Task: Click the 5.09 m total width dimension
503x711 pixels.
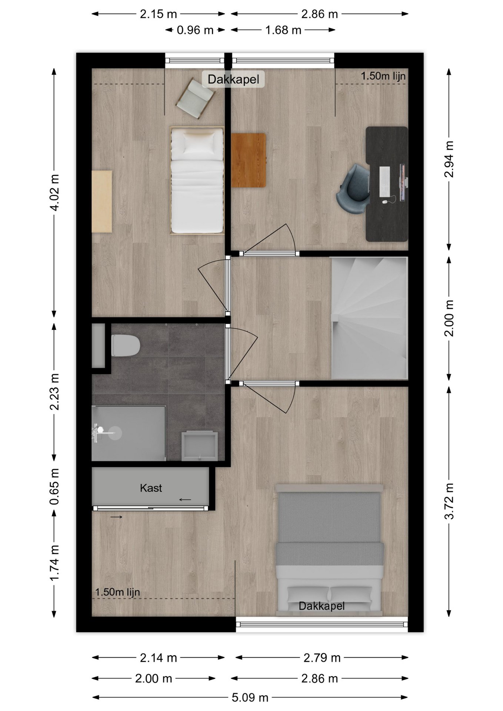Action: pyautogui.click(x=250, y=698)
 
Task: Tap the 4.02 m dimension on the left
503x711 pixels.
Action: pyautogui.click(x=54, y=193)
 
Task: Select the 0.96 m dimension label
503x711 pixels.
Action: pyautogui.click(x=195, y=30)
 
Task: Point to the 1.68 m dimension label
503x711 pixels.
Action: pyautogui.click(x=283, y=30)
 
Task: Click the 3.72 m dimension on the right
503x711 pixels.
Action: pyautogui.click(x=449, y=501)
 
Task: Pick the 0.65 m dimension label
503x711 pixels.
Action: pyautogui.click(x=54, y=487)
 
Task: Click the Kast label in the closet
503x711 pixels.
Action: pyautogui.click(x=151, y=488)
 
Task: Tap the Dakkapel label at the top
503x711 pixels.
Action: pyautogui.click(x=233, y=79)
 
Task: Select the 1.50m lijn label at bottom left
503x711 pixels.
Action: pyautogui.click(x=117, y=592)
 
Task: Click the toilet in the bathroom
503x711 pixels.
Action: pyautogui.click(x=126, y=346)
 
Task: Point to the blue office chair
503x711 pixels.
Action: pyautogui.click(x=353, y=189)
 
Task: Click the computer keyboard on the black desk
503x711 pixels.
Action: pyautogui.click(x=384, y=181)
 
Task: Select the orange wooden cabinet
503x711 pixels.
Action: pyautogui.click(x=249, y=160)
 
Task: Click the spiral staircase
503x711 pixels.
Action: pyautogui.click(x=369, y=318)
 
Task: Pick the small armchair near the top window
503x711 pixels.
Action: pyautogui.click(x=196, y=98)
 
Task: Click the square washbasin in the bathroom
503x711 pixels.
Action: pyautogui.click(x=199, y=446)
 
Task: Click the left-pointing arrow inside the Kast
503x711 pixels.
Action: pyautogui.click(x=185, y=500)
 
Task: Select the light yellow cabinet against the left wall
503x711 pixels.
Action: pyautogui.click(x=102, y=201)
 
